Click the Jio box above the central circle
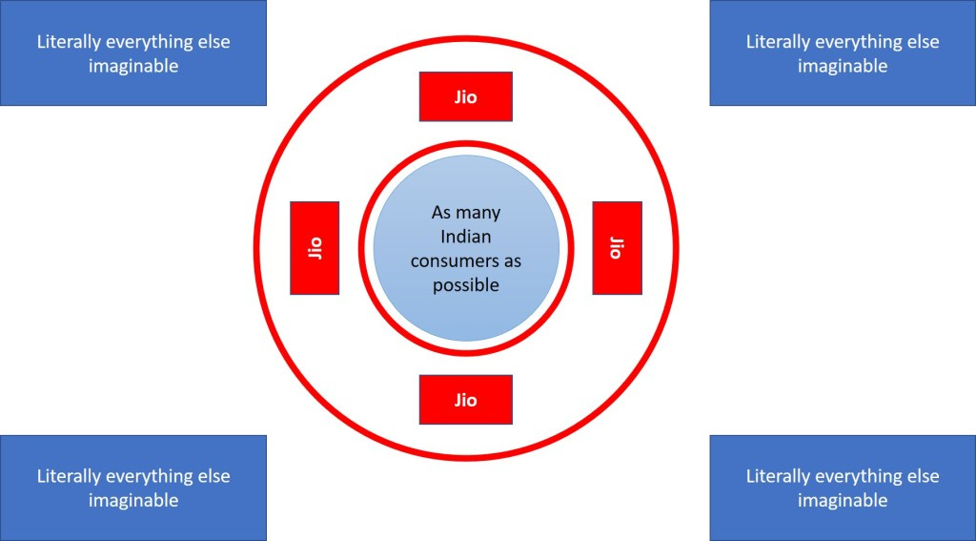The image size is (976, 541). tap(465, 96)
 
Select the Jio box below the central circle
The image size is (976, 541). tap(465, 400)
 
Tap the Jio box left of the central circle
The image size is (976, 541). tap(315, 248)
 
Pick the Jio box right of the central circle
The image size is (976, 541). tap(617, 248)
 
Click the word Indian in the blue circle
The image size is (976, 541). tap(466, 237)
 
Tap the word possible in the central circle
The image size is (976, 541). tap(466, 284)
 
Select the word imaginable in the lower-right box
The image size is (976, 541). tap(843, 500)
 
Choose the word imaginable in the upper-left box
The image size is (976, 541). tap(132, 66)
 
